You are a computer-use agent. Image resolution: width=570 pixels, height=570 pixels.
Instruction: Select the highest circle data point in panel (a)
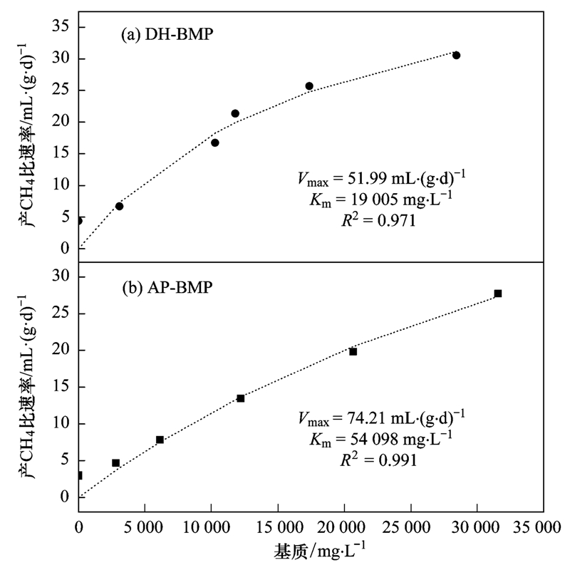click(x=456, y=55)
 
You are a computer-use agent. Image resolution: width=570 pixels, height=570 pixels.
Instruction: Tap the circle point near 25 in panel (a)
click(x=309, y=86)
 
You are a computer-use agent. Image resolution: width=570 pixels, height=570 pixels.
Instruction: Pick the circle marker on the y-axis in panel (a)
click(x=79, y=221)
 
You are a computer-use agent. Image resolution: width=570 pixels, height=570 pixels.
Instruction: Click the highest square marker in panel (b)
click(x=497, y=294)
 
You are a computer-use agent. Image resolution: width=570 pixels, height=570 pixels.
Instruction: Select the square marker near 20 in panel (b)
click(x=353, y=351)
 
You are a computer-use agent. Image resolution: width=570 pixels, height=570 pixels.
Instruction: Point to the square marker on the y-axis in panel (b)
click(x=79, y=475)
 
